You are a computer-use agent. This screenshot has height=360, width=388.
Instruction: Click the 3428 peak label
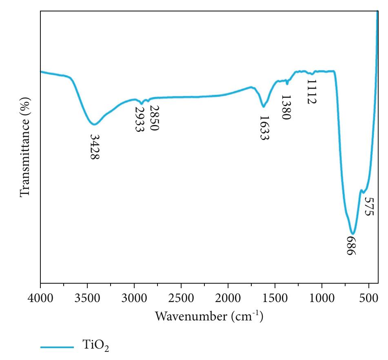coord(95,147)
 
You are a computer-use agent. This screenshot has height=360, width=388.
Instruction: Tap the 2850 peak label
coord(154,118)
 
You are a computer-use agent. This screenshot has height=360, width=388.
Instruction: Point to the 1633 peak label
coord(264,128)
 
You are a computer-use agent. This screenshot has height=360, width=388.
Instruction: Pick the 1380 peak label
coord(286,107)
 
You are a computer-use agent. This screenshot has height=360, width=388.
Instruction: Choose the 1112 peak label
coord(311,92)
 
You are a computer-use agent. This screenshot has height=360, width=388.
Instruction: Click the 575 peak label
coord(368,207)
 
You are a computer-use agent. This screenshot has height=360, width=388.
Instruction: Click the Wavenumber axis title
coord(209,316)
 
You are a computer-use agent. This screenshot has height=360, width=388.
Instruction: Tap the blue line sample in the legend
coord(57,347)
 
